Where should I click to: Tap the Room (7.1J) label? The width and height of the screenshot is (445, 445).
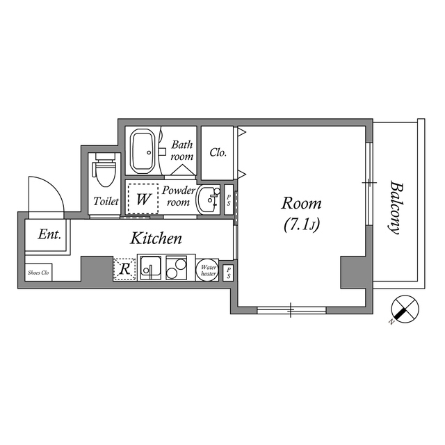point(301,214)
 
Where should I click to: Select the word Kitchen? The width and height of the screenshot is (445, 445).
point(156,238)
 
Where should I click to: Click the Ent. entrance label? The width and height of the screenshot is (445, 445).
point(49,235)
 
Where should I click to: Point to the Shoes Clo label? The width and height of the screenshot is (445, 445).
point(38,273)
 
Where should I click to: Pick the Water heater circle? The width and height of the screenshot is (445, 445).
point(208,269)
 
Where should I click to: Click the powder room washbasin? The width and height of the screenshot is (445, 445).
point(207,200)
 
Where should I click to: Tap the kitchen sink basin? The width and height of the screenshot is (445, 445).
point(150,268)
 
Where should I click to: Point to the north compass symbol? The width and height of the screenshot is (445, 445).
point(404,308)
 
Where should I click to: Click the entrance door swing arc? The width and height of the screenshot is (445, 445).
point(44,195)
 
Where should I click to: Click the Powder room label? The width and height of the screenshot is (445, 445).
point(177,195)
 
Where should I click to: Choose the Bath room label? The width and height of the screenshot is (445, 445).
point(182,150)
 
